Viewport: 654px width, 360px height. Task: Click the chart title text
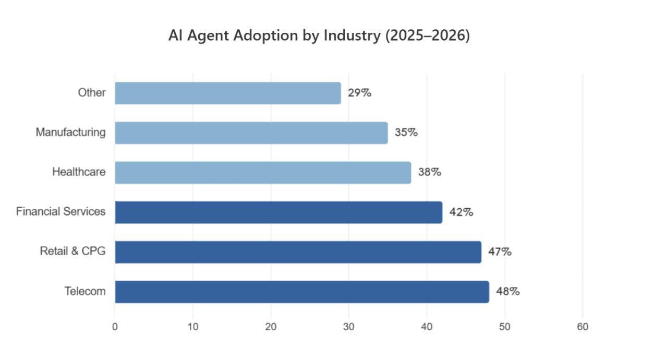[x=319, y=36]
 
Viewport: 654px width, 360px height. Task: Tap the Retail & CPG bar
[x=298, y=252]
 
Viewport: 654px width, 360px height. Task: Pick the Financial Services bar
[x=278, y=212]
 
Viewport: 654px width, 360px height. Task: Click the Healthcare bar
[x=263, y=172]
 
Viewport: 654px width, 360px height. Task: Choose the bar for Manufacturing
[x=251, y=133]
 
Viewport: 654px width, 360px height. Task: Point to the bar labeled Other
[x=227, y=93]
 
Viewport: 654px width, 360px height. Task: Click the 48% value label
[x=508, y=292]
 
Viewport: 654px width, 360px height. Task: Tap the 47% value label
[x=500, y=252]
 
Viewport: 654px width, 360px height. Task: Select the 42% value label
[x=461, y=212]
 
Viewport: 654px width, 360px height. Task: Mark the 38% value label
[x=429, y=172]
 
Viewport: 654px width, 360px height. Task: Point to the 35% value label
[x=406, y=133]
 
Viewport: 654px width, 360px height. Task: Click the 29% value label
[x=359, y=93]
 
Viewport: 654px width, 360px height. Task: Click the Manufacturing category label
[x=70, y=133]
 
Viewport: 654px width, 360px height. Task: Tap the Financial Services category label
[x=60, y=212]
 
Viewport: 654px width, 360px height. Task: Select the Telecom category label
[x=85, y=292]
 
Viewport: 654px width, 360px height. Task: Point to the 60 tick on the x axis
[x=583, y=327]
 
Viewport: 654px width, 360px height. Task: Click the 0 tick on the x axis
[x=115, y=327]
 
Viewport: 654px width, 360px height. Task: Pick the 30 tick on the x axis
[x=349, y=327]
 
